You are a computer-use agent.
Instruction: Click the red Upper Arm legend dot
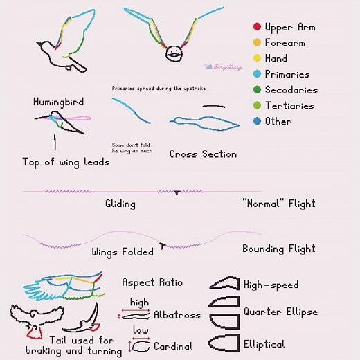pos(256,27)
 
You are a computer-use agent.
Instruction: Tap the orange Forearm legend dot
pos(256,43)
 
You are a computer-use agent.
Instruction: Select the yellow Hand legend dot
pos(256,59)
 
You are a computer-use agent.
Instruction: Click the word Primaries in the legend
pos(287,75)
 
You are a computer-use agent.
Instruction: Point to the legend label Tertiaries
pos(289,106)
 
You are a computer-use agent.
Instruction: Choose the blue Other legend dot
pos(256,122)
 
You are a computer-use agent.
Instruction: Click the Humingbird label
pos(58,102)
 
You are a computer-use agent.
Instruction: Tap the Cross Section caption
pos(203,154)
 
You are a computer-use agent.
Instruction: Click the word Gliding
pos(120,204)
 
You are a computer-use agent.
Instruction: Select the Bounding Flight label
pos(278,249)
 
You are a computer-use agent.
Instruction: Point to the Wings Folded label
pos(123,252)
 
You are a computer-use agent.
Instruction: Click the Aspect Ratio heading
pos(152,282)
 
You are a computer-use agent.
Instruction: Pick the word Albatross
pos(177,315)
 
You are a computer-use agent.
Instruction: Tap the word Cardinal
pos(173,345)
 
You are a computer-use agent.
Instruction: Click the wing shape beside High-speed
pos(224,284)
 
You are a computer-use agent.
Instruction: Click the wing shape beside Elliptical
pos(224,343)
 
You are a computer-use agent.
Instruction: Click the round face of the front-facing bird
pos(174,52)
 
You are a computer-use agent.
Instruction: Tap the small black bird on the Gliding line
pos(177,192)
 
